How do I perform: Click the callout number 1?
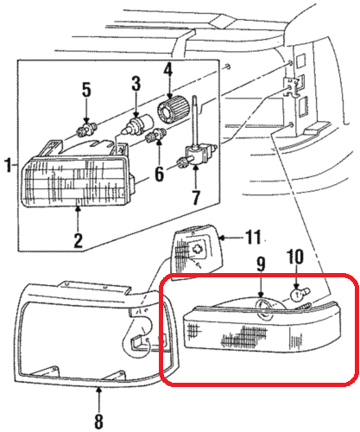pyautogui.click(x=9, y=165)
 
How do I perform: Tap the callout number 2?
pyautogui.click(x=78, y=240)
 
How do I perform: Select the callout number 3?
pyautogui.click(x=136, y=84)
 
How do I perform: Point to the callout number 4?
pyautogui.click(x=168, y=70)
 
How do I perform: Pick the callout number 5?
pyautogui.click(x=86, y=89)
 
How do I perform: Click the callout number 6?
pyautogui.click(x=160, y=174)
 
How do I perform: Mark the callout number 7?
pyautogui.click(x=196, y=197)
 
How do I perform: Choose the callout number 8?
pyautogui.click(x=98, y=422)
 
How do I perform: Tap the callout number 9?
pyautogui.click(x=261, y=264)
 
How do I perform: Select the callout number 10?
pyautogui.click(x=295, y=257)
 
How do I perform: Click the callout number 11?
pyautogui.click(x=253, y=237)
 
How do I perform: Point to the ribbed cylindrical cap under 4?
pyautogui.click(x=173, y=109)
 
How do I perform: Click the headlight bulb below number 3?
pyautogui.click(x=137, y=124)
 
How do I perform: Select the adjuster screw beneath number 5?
pyautogui.click(x=86, y=130)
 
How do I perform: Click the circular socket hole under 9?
pyautogui.click(x=264, y=308)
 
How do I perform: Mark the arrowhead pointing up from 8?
pyautogui.click(x=98, y=391)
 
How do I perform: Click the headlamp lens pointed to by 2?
pyautogui.click(x=75, y=181)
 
